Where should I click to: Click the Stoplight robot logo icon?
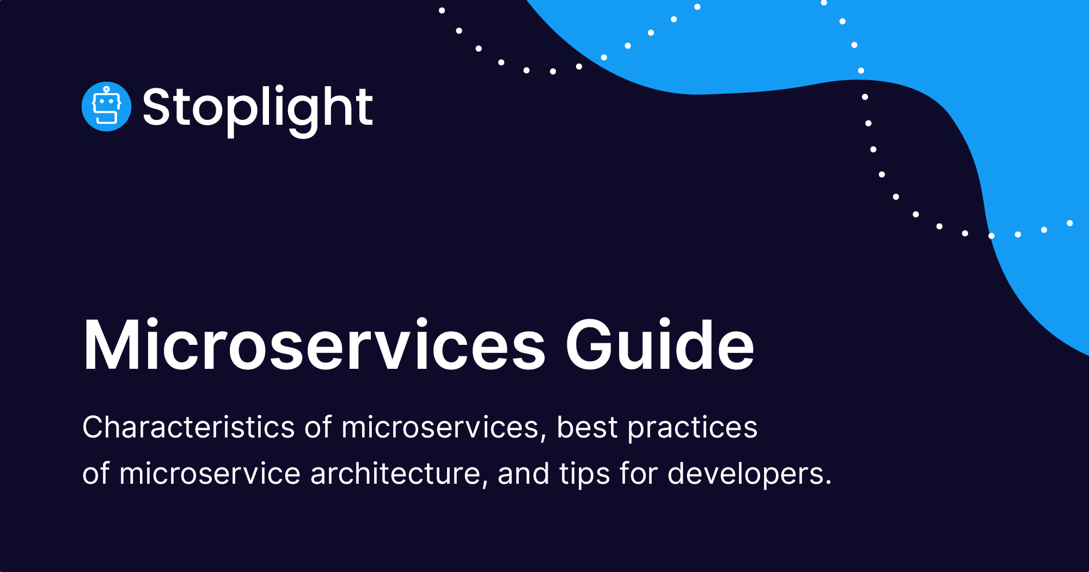click(x=106, y=107)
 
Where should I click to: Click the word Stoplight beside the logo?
click(x=258, y=108)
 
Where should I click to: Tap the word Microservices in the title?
click(x=314, y=345)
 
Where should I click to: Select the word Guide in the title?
click(x=660, y=345)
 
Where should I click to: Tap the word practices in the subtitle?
click(x=692, y=428)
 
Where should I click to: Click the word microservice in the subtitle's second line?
click(x=210, y=473)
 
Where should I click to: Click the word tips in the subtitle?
click(x=584, y=474)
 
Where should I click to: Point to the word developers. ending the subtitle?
click(x=749, y=474)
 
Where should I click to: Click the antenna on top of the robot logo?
click(x=106, y=89)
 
